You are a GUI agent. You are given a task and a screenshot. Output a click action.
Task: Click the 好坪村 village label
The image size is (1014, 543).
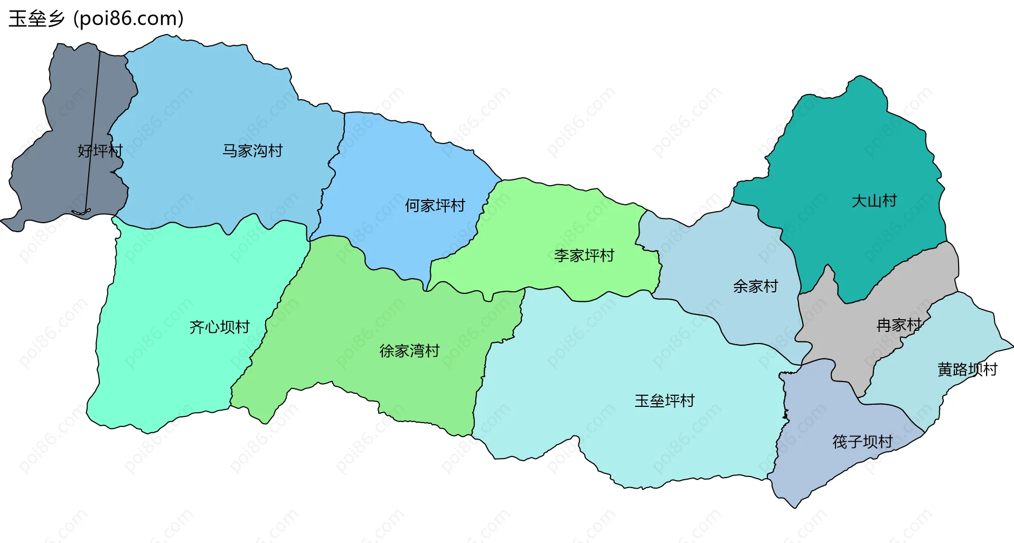pyautogui.click(x=100, y=151)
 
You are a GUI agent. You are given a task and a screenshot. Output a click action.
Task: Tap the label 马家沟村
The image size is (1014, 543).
pyautogui.click(x=252, y=151)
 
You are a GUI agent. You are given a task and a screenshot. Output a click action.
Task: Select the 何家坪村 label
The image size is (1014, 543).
pyautogui.click(x=435, y=205)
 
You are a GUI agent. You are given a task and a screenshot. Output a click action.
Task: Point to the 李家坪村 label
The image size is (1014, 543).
pyautogui.click(x=584, y=256)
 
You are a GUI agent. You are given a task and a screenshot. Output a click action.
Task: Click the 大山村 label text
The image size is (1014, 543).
pyautogui.click(x=874, y=201)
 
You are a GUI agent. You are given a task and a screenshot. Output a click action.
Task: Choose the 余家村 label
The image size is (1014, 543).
pyautogui.click(x=755, y=287)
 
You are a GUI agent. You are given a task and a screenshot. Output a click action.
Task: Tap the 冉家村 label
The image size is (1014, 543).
pyautogui.click(x=899, y=325)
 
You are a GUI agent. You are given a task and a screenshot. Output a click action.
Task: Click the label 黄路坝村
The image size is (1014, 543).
pyautogui.click(x=967, y=369)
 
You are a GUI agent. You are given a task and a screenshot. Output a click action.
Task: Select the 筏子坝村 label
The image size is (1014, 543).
pyautogui.click(x=862, y=442)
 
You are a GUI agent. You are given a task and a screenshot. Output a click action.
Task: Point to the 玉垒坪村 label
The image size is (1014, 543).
pyautogui.click(x=664, y=401)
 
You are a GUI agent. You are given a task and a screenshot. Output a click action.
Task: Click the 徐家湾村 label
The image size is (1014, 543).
pyautogui.click(x=409, y=351)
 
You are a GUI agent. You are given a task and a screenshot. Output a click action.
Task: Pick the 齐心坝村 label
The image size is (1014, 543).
pyautogui.click(x=219, y=327)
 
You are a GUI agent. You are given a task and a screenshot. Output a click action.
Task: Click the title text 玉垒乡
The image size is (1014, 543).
pyautogui.click(x=36, y=18)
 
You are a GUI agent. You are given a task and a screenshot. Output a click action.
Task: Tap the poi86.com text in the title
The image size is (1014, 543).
pyautogui.click(x=128, y=18)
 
